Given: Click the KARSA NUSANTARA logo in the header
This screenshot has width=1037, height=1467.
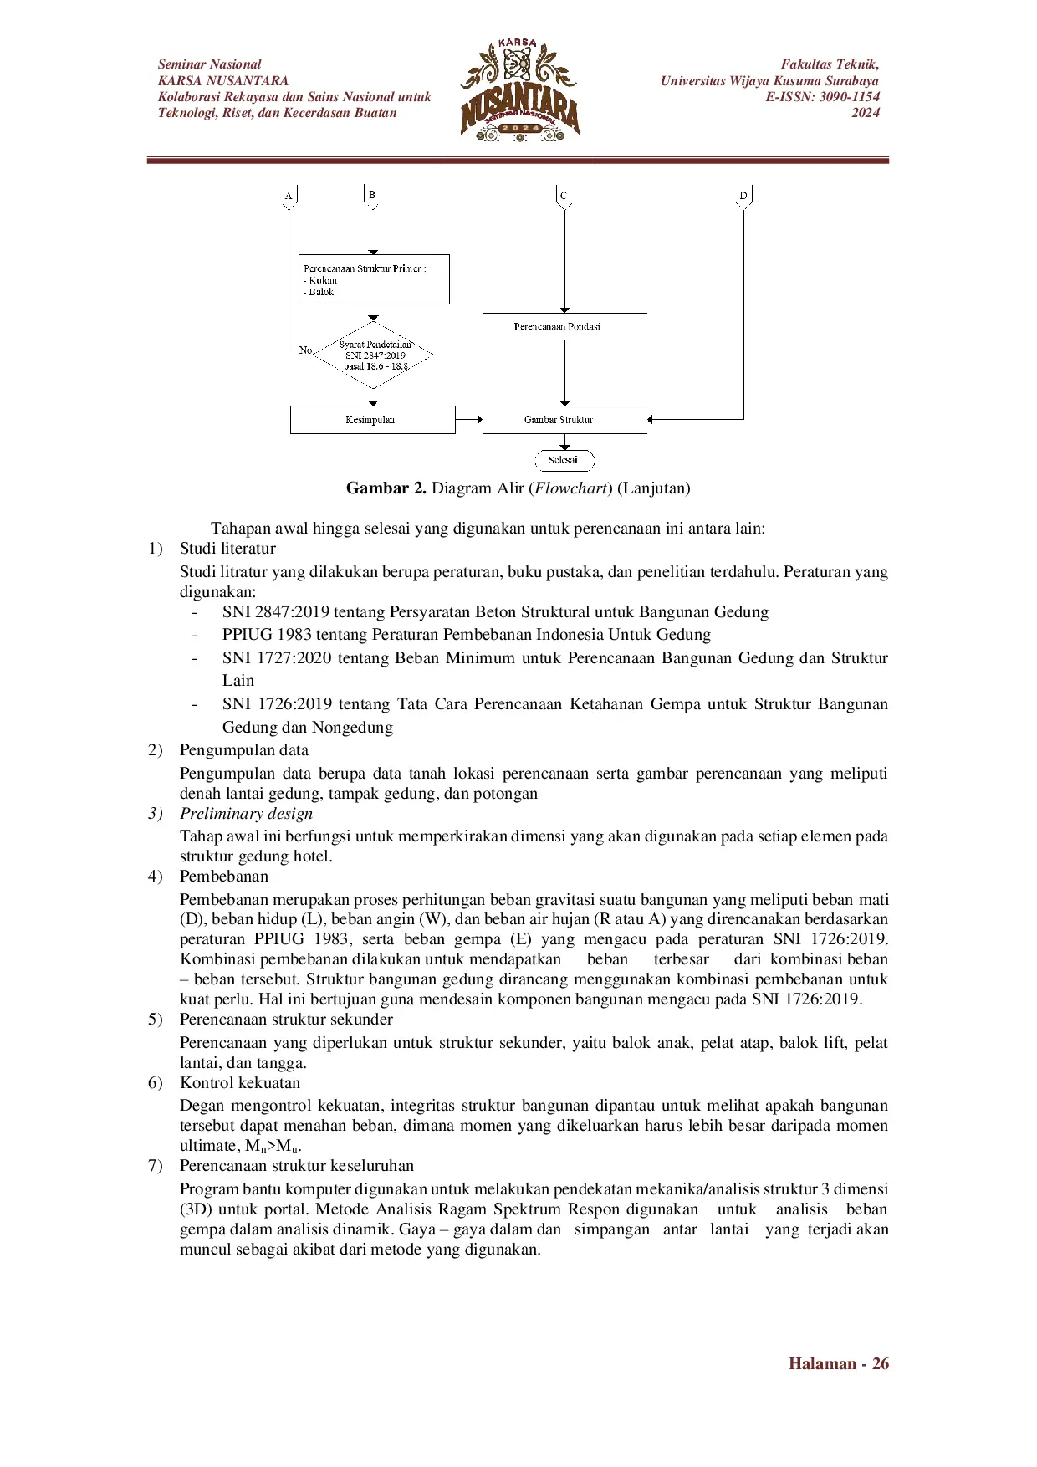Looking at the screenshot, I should tap(519, 90).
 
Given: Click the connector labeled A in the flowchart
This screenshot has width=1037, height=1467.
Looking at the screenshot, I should tap(289, 196).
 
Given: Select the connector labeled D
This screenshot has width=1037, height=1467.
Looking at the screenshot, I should tap(743, 196).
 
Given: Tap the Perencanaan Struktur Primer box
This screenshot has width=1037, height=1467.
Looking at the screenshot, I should tap(374, 279).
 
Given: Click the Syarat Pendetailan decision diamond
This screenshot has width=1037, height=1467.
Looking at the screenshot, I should tap(374, 355).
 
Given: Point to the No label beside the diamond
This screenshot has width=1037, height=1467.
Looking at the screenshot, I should tap(305, 350).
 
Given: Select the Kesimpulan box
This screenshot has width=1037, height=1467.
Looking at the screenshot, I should tap(372, 420).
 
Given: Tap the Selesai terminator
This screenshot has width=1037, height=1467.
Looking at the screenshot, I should tap(564, 460).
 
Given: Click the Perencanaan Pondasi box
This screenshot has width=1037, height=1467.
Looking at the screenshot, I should tap(558, 326).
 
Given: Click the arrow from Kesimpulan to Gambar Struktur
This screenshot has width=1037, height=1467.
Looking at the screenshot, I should tap(468, 420).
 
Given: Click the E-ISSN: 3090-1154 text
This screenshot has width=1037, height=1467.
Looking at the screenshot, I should tap(822, 97).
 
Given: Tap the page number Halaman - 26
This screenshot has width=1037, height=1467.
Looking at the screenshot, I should tap(838, 1363).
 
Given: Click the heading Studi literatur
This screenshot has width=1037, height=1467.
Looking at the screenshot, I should tap(227, 549).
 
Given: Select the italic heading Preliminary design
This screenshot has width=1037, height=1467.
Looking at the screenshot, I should tap(246, 814).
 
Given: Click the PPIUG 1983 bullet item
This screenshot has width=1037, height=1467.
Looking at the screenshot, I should tap(466, 635).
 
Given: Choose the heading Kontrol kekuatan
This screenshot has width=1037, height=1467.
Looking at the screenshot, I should tap(239, 1083).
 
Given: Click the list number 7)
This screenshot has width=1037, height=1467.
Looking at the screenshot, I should tap(156, 1166).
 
